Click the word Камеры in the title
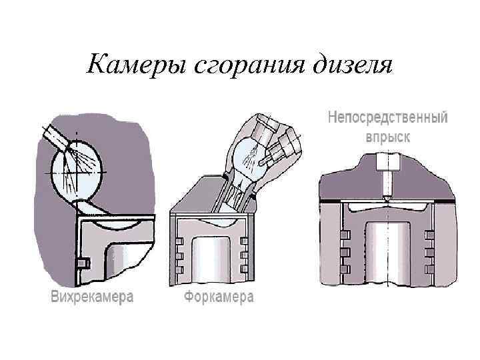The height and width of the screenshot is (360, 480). click(135, 65)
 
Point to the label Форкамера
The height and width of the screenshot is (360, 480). click(219, 297)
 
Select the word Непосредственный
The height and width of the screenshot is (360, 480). click(387, 118)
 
